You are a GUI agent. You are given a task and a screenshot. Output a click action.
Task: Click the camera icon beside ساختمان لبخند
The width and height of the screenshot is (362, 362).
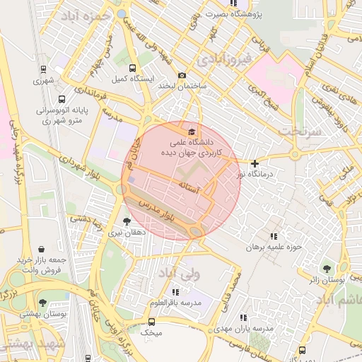tap(182, 76)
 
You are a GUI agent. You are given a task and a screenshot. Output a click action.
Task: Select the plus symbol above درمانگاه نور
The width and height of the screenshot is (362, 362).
tap(255, 163)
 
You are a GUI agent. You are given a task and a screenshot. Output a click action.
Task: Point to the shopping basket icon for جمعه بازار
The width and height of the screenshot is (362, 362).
tap(42, 250)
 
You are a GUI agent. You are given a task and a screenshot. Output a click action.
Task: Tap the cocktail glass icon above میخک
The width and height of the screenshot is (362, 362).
tap(151, 321)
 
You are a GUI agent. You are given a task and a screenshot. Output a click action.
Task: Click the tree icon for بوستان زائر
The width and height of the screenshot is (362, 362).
tap(327, 269)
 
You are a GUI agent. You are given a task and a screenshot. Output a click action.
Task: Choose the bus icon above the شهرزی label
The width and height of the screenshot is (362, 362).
tap(44, 70)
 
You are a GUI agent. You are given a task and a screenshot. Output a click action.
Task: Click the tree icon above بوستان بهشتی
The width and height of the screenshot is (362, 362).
tap(43, 303)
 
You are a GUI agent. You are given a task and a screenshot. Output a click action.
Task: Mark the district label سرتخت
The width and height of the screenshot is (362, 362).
tap(299, 132)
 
